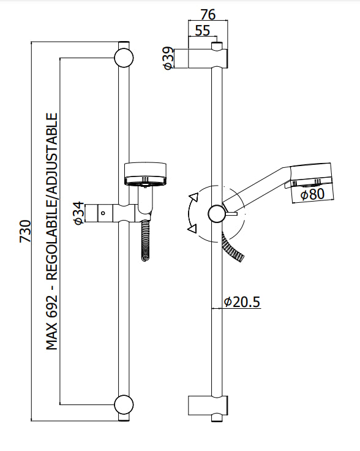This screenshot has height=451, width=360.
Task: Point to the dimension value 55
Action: coord(203,31)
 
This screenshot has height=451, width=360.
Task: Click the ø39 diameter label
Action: coord(168,59)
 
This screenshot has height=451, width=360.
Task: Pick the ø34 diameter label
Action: coord(78,213)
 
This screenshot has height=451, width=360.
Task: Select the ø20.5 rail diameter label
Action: coord(242,301)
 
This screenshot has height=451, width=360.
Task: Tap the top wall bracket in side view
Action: coord(208,58)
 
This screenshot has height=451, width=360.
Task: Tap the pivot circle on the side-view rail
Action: coord(217,213)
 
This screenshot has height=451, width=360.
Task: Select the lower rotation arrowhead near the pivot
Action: coord(193,229)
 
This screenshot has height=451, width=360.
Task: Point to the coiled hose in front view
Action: coord(145,240)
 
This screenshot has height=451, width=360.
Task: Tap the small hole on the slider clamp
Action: coord(105,213)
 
